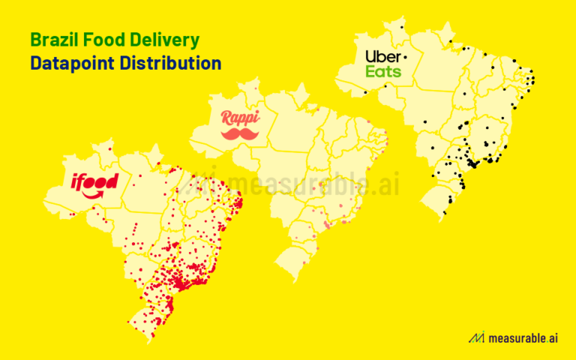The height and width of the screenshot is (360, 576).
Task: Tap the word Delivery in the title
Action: point(168,38)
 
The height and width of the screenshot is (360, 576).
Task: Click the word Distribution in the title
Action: point(172,62)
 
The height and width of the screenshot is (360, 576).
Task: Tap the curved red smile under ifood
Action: point(96,195)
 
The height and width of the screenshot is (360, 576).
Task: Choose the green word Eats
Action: point(383,72)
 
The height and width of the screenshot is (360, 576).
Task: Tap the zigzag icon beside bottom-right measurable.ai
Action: point(475,338)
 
